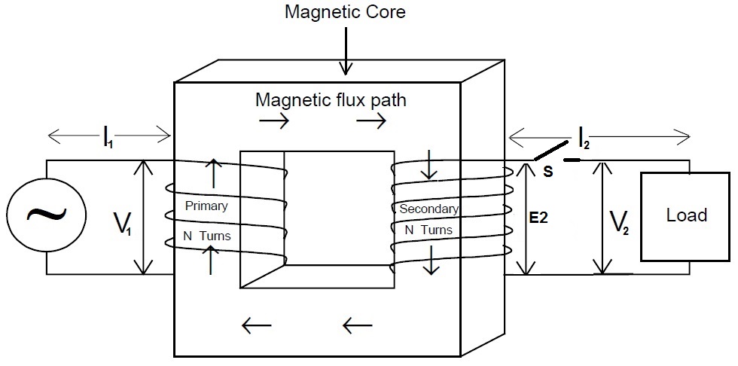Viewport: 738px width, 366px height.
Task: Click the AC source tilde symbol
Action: [46, 216]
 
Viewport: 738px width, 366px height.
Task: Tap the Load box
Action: [685, 216]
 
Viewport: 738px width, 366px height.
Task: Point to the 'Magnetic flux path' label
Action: [331, 99]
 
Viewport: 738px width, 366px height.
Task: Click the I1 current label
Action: [108, 136]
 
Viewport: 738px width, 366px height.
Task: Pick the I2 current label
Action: [584, 136]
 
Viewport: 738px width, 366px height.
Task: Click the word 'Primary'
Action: [206, 206]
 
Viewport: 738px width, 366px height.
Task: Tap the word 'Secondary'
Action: [429, 208]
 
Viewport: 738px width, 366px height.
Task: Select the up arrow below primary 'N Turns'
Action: [213, 260]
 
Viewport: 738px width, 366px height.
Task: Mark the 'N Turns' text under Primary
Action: [207, 236]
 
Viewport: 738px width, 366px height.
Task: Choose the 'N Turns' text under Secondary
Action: [429, 230]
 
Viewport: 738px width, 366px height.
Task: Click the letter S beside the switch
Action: [547, 172]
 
